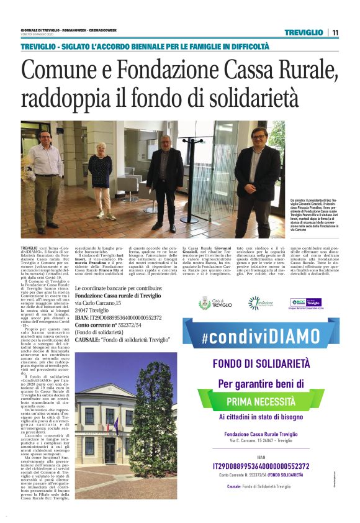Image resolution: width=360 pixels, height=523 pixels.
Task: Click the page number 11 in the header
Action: click(335, 32)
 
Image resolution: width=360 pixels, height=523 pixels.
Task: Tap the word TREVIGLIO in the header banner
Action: click(304, 32)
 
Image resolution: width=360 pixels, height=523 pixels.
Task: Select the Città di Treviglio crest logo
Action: click(204, 303)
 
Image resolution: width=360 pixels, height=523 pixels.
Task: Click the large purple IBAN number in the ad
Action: click(261, 465)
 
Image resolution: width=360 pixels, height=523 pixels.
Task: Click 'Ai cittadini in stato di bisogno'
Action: click(261, 417)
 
